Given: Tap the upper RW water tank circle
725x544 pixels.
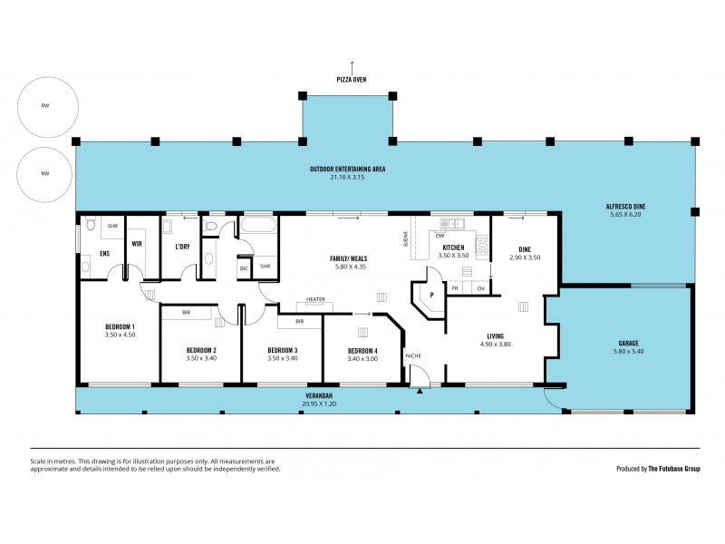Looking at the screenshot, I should click(x=44, y=106).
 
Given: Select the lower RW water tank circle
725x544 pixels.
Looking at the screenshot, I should click(x=44, y=174).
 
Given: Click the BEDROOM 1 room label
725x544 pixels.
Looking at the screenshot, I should click(x=121, y=326).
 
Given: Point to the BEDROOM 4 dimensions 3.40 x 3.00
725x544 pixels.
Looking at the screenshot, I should click(x=362, y=359).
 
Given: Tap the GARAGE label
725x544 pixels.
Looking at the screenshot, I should click(x=628, y=344).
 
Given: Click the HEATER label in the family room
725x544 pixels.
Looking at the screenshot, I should click(x=315, y=299).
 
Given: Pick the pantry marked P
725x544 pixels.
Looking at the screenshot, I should click(x=432, y=296).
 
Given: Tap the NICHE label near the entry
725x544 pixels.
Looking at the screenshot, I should click(x=414, y=355).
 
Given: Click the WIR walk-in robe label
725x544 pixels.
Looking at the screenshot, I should click(x=138, y=244).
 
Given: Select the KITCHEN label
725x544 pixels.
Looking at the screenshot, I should click(x=453, y=248).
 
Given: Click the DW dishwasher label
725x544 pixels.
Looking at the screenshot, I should click(x=439, y=235).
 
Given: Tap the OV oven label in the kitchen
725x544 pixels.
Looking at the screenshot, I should click(x=481, y=288).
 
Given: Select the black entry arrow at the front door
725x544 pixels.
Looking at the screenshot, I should click(x=419, y=392).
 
